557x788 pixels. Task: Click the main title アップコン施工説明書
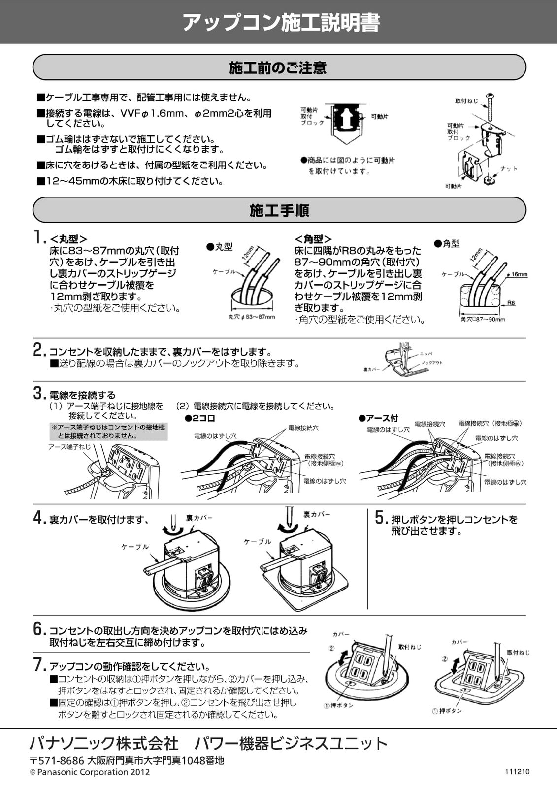[281, 23]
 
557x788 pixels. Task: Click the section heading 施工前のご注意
[278, 67]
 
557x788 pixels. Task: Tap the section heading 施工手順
[279, 210]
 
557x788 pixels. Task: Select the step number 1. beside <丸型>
[40, 237]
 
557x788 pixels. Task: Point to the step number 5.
[381, 518]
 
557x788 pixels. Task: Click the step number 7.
[40, 664]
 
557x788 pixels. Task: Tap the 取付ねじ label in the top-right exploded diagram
[466, 101]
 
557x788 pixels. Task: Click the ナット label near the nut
[509, 169]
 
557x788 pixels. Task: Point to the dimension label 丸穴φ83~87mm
[252, 317]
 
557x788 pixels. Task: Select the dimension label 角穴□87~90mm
[483, 320]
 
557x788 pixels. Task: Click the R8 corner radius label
[511, 303]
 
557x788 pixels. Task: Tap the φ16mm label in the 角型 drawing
[518, 274]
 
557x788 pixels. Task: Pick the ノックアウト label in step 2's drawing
[432, 362]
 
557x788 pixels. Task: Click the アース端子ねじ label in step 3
[69, 447]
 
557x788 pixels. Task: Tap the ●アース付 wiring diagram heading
[378, 418]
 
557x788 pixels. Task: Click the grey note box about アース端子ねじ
[109, 431]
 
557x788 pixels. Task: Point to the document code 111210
[517, 771]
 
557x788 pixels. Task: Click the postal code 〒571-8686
[57, 761]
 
